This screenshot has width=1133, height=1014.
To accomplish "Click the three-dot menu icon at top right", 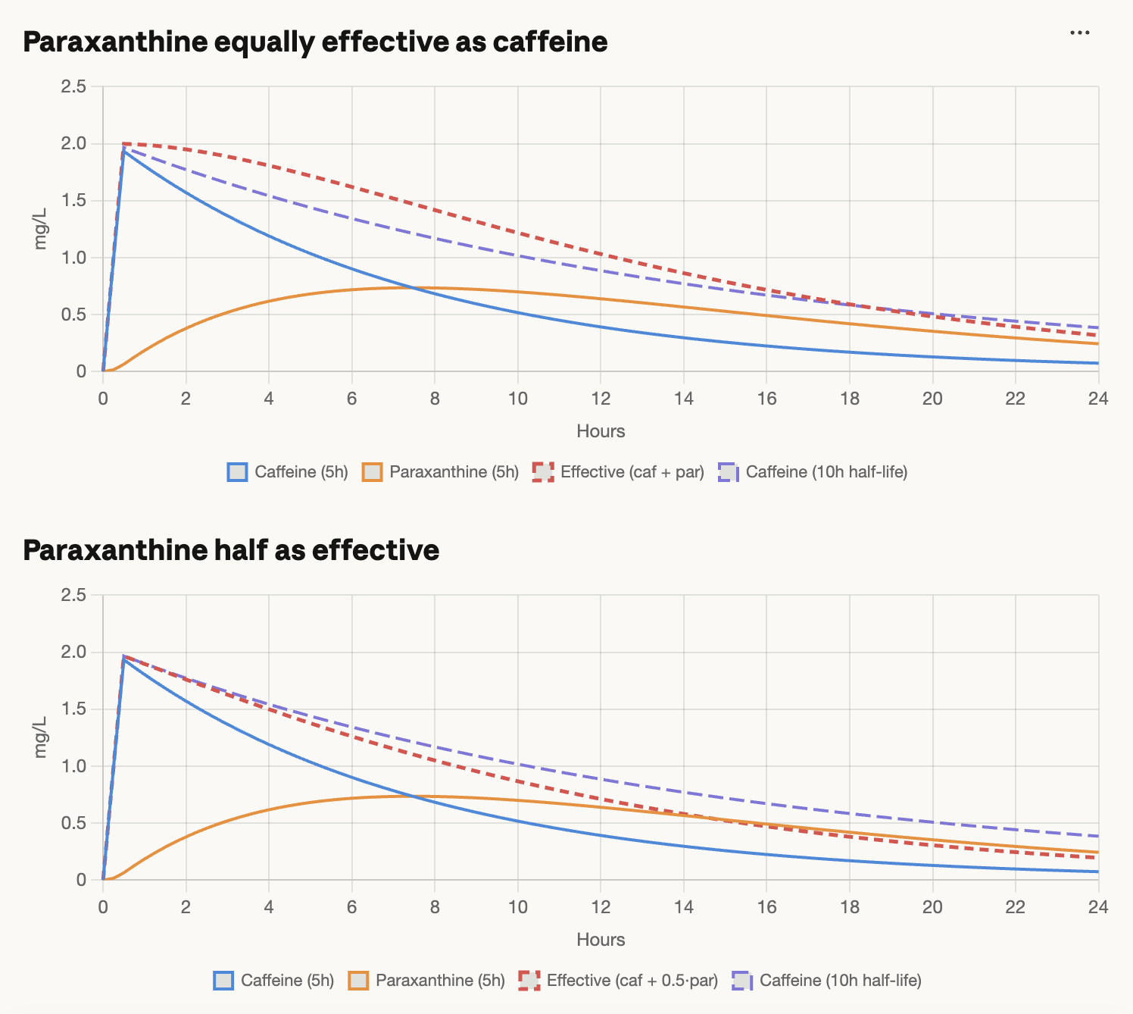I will click(x=1079, y=33).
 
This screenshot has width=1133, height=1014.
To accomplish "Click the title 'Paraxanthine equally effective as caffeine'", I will click(x=315, y=42).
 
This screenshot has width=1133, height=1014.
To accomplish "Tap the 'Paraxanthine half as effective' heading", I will click(x=231, y=550).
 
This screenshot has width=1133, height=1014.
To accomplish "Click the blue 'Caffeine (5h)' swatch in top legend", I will click(x=237, y=472).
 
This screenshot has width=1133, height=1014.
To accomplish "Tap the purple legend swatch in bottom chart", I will click(x=742, y=981).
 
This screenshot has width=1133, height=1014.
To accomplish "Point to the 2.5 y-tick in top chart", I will click(x=73, y=86).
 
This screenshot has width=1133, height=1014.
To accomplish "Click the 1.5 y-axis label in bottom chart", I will click(x=73, y=709).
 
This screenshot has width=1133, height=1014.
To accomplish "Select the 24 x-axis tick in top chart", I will click(x=1098, y=399).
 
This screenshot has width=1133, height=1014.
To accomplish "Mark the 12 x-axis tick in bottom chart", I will click(x=600, y=907).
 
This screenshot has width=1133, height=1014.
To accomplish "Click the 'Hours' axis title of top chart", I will click(x=601, y=431).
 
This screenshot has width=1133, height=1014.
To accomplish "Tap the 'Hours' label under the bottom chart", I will click(x=601, y=940).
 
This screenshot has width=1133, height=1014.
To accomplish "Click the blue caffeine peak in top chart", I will click(x=123, y=150).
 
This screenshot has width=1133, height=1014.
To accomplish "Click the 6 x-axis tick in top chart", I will click(x=351, y=399).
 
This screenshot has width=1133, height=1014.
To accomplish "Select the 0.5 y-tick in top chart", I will click(x=73, y=315).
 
